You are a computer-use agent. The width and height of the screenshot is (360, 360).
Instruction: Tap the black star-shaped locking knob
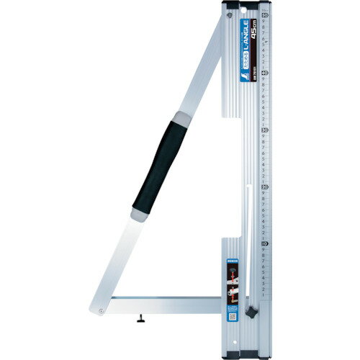[252, 315]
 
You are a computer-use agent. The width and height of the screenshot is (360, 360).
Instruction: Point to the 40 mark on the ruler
[266, 72]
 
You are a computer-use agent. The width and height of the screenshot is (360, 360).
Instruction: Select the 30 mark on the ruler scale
[266, 130]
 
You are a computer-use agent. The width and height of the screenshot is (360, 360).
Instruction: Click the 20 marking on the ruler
[266, 186]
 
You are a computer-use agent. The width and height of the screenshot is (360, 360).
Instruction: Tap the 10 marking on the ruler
[266, 244]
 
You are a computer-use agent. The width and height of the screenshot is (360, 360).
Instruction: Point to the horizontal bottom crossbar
[166, 300]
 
